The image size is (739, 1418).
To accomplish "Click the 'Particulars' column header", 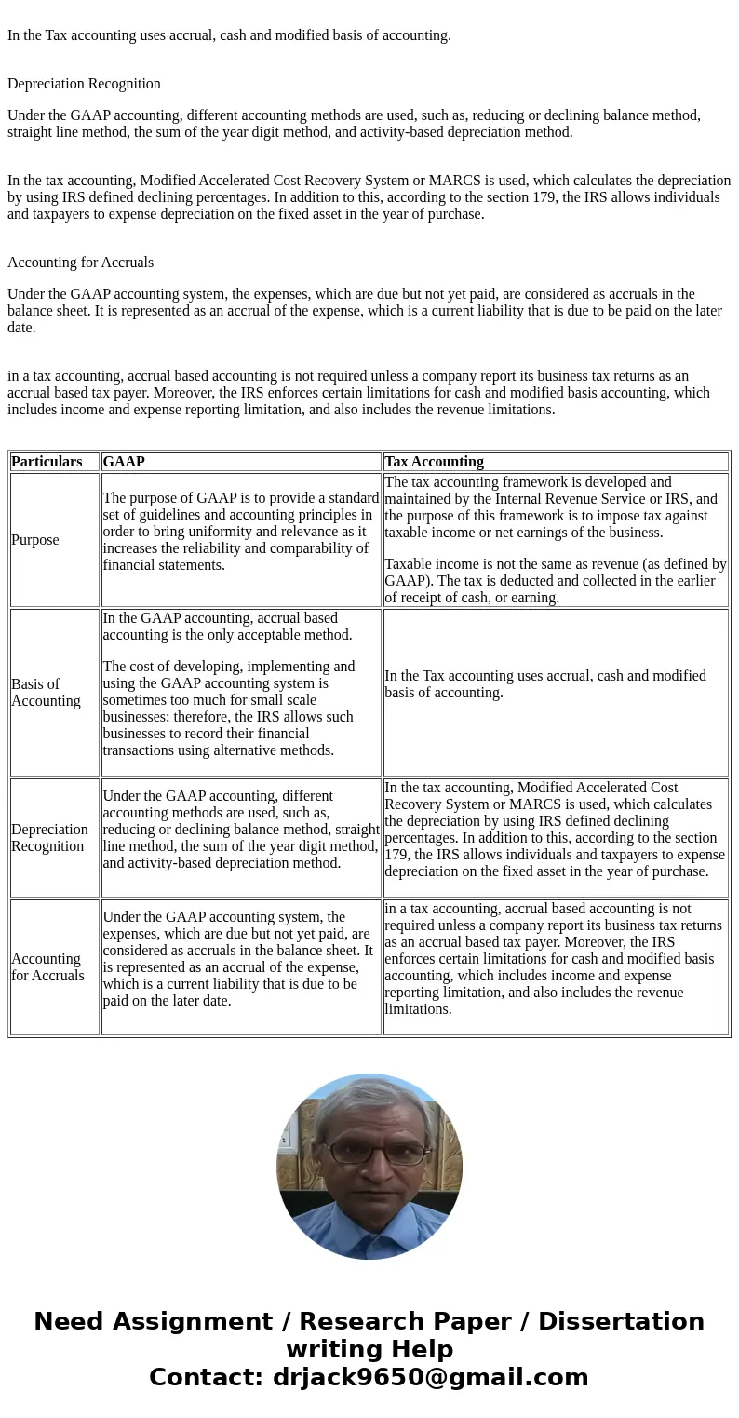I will point(47,462).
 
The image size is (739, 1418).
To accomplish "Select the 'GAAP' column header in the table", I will point(124,462).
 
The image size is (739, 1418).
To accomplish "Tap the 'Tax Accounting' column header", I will point(434,462).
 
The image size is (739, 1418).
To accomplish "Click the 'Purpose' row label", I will point(35,540).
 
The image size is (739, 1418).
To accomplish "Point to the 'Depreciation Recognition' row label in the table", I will point(49,838).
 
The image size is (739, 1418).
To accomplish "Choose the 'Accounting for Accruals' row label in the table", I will point(47,967).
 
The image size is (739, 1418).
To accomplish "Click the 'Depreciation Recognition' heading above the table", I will point(84,84).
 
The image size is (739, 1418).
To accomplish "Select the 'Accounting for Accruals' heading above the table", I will point(80,263).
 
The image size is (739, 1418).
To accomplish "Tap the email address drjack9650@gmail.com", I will point(430,1378).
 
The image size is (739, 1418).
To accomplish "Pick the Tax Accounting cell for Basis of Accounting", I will point(556,684).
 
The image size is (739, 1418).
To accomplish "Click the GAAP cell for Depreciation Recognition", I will point(241,830).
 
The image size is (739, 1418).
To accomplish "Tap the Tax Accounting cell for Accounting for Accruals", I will point(556,959).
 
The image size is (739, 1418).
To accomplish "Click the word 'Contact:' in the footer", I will point(207,1378).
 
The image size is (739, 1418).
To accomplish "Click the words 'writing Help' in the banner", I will point(369,1350).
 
